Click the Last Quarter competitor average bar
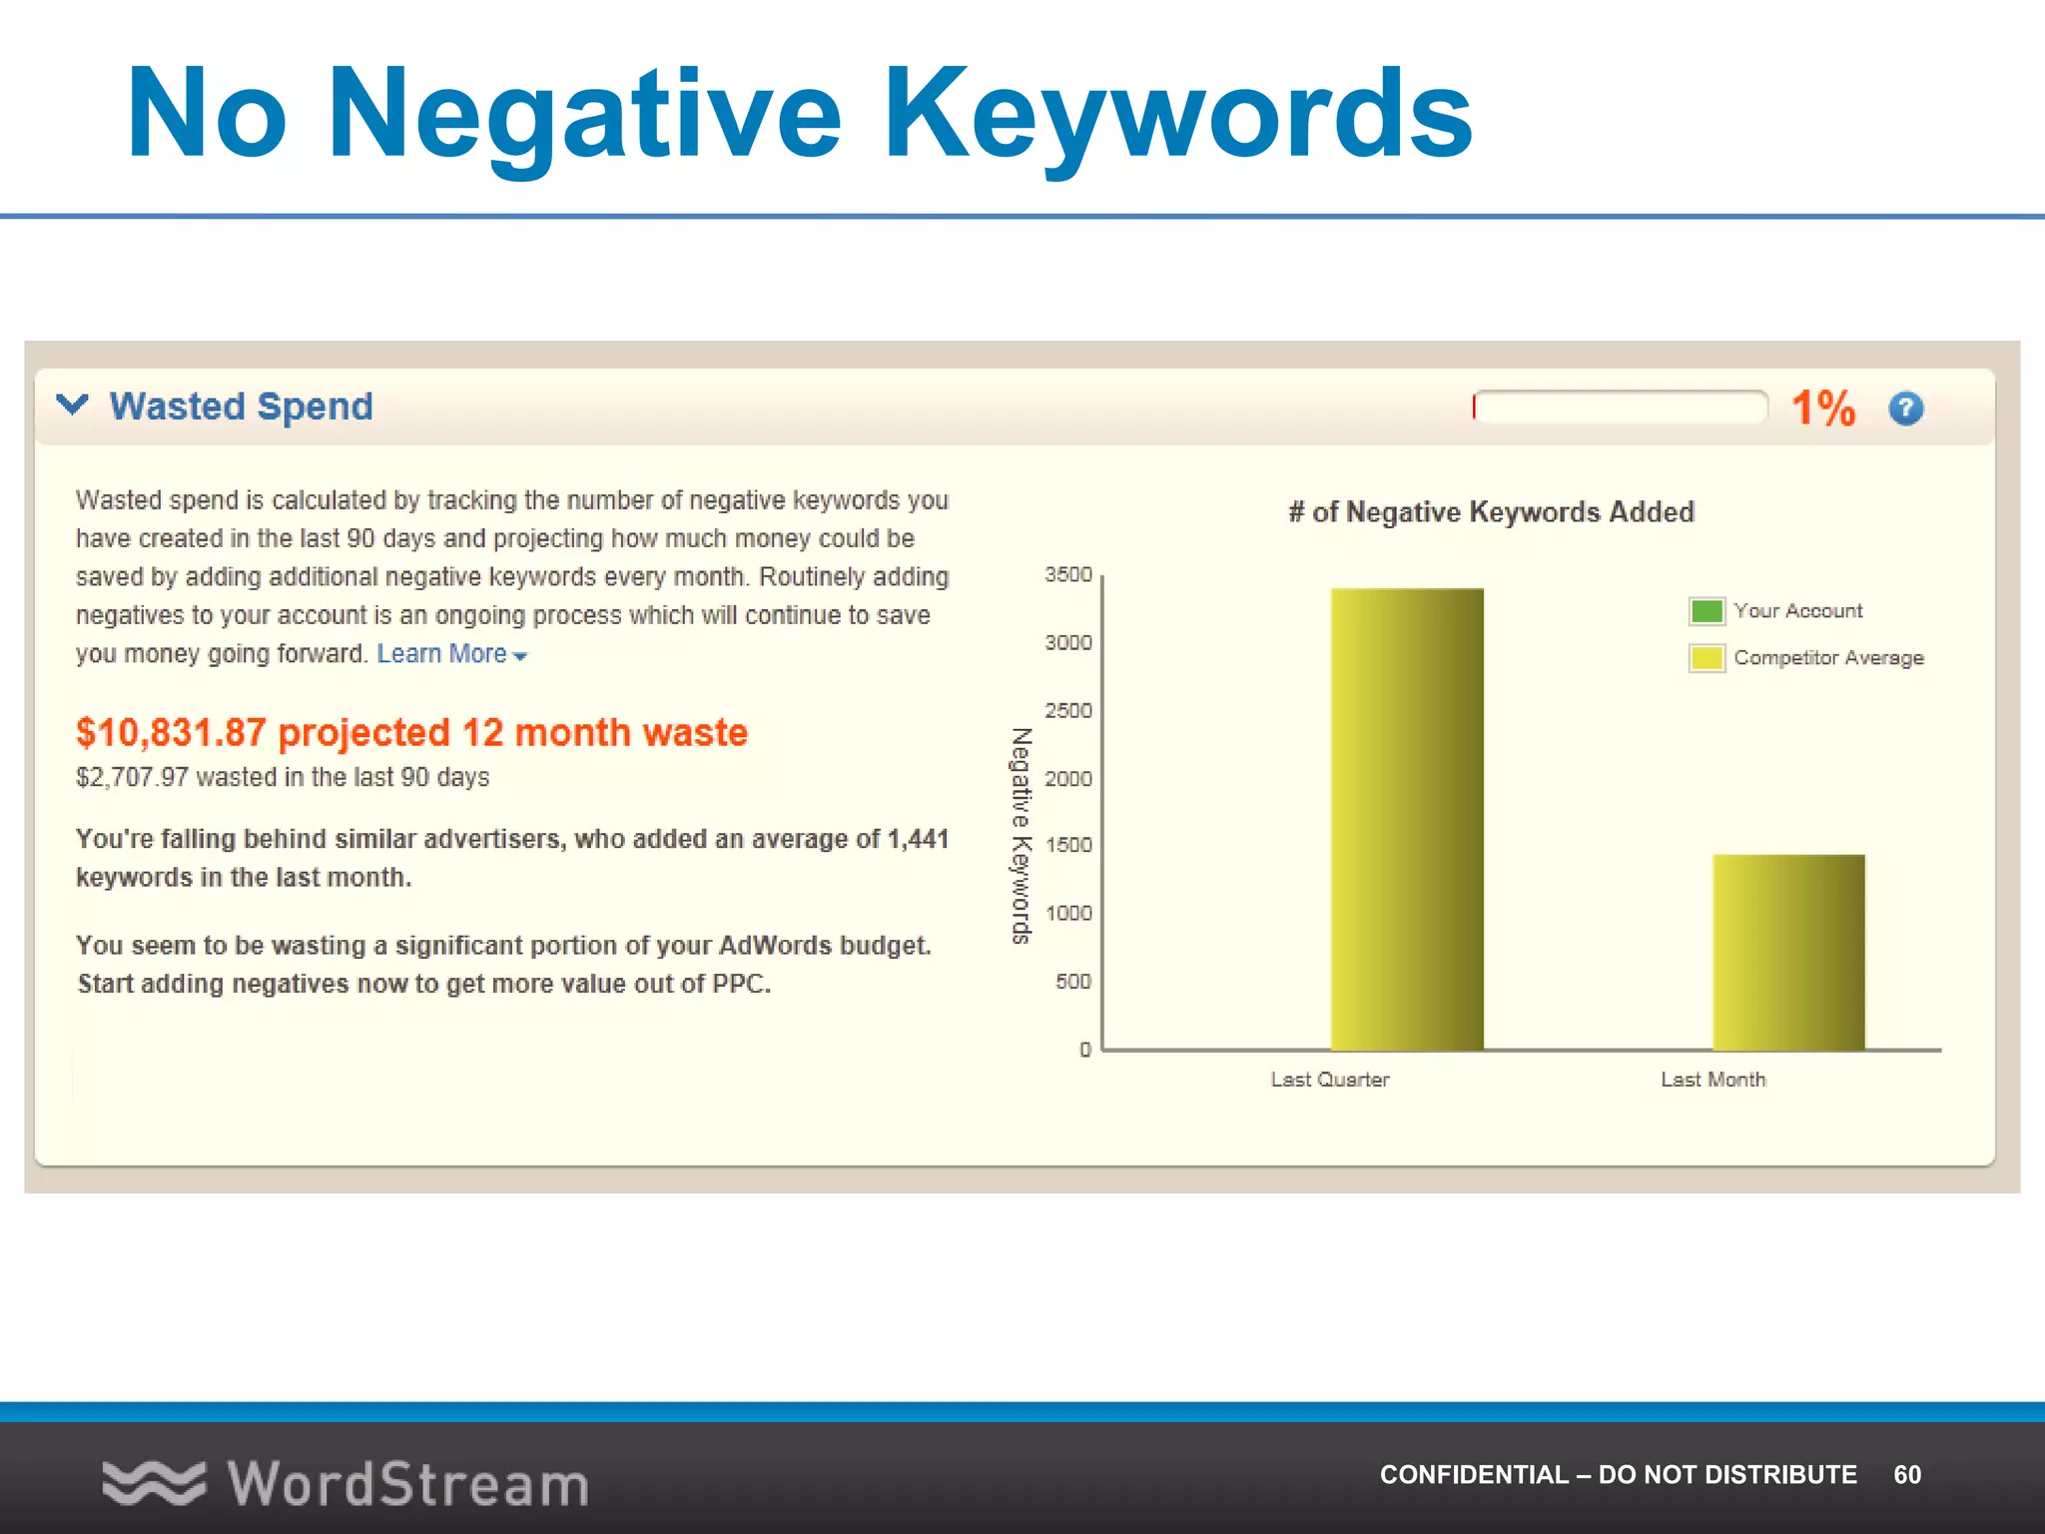[1407, 819]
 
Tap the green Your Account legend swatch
[1706, 610]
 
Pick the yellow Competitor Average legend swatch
[1706, 657]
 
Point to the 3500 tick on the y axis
[1068, 574]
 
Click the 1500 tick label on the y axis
[1068, 845]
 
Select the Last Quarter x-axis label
[1329, 1079]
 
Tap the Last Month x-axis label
[1712, 1079]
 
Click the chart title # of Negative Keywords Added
[1491, 512]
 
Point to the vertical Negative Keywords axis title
[1021, 835]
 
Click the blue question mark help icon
[1905, 407]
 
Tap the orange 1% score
[1822, 408]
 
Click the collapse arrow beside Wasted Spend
[72, 404]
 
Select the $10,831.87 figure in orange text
[171, 732]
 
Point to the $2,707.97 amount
[132, 777]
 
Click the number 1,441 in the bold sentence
[918, 839]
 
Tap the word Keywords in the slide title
[1178, 113]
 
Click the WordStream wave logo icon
[153, 1483]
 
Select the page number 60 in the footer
[1906, 1474]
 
